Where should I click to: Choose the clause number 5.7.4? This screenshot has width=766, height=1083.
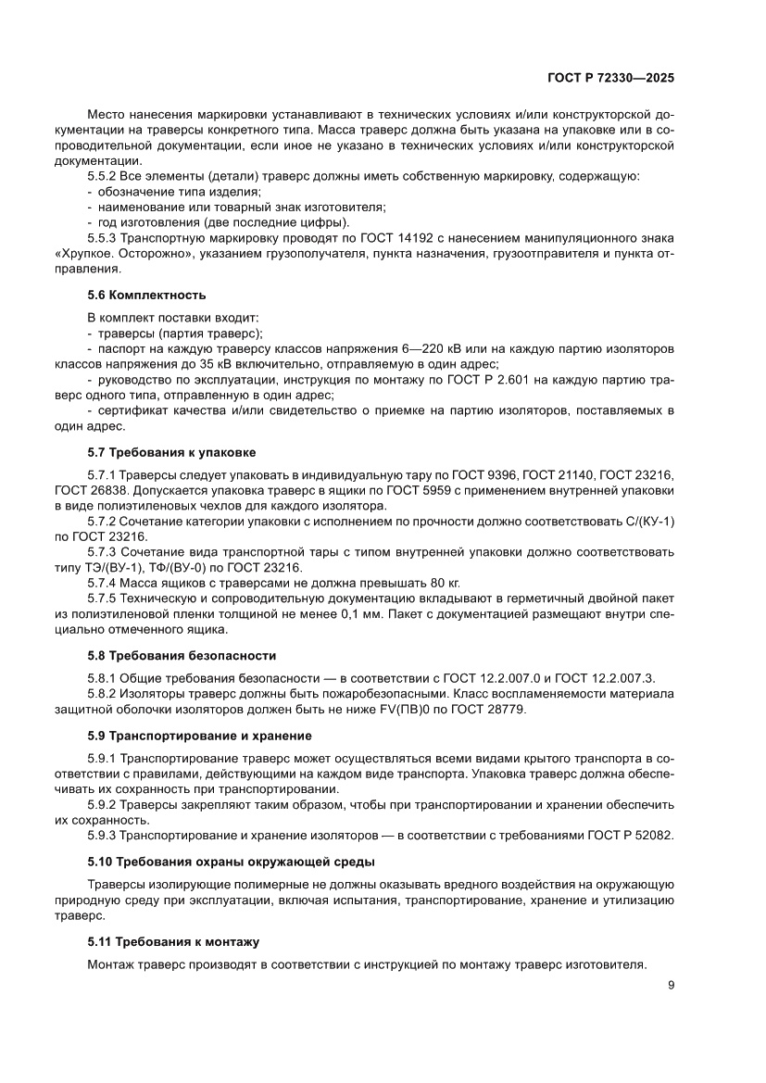(x=103, y=583)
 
